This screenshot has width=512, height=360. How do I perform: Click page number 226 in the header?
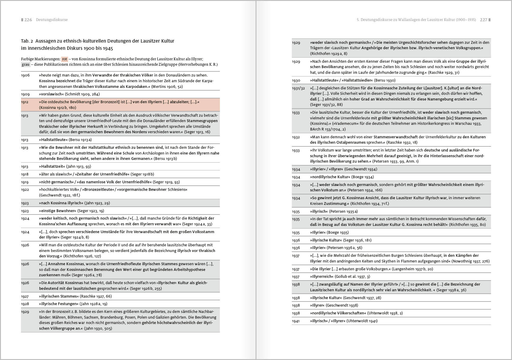[x=28, y=20]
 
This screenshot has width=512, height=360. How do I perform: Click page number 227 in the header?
[x=484, y=20]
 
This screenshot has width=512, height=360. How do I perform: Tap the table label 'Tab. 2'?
[x=27, y=41]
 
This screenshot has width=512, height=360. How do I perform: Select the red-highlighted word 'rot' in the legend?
[x=64, y=59]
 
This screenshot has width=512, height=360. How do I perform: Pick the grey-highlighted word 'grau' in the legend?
[x=25, y=64]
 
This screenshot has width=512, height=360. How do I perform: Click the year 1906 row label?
[x=25, y=75]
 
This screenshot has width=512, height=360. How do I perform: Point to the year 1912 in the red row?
[x=25, y=102]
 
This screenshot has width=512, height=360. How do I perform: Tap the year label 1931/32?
[x=298, y=88]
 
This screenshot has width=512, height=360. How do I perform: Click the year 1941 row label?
[x=296, y=321]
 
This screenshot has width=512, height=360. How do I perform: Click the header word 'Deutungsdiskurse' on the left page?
[x=52, y=20]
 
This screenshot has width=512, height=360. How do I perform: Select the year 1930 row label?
[x=296, y=80]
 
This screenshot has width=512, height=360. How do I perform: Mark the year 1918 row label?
[x=25, y=174]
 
